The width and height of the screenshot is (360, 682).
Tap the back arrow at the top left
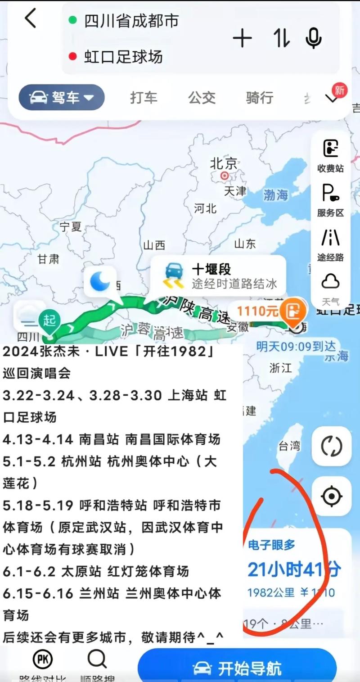[31, 19]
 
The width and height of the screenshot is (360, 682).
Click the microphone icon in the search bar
[313, 38]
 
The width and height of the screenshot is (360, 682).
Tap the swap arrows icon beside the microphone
[282, 38]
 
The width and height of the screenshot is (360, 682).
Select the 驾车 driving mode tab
[61, 97]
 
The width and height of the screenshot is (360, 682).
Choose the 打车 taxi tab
[144, 97]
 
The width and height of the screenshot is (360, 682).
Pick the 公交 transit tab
[202, 97]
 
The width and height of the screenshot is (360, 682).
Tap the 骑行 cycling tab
[260, 97]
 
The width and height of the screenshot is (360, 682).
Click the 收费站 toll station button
[331, 156]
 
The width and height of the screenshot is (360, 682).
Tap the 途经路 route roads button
[331, 245]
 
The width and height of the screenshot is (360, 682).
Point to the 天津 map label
[235, 191]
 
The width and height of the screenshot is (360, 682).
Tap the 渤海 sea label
[275, 195]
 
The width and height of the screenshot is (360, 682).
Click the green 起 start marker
[49, 321]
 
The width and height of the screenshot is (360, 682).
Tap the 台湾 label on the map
[289, 446]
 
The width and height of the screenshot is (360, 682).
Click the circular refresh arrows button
[332, 447]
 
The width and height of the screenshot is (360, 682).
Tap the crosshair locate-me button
[332, 496]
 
